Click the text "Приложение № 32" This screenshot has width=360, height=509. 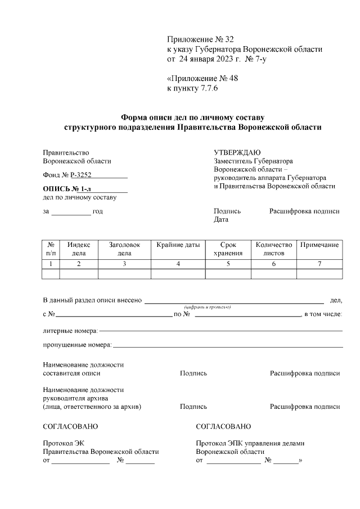[200, 39]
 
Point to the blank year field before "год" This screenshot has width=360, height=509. [71, 211]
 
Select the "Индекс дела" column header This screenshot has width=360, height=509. [79, 249]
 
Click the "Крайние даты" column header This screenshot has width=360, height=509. [178, 245]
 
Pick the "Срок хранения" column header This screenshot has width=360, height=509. [228, 249]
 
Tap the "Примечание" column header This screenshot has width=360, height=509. [319, 245]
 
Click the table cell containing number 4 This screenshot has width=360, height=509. [178, 263]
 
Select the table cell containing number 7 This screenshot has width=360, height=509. [319, 263]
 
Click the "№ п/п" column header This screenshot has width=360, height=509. [51, 249]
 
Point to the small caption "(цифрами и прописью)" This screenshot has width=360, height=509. [208, 307]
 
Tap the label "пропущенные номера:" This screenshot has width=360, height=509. [78, 344]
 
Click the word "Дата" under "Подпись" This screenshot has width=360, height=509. [221, 220]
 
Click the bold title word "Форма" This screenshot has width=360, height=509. [134, 118]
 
